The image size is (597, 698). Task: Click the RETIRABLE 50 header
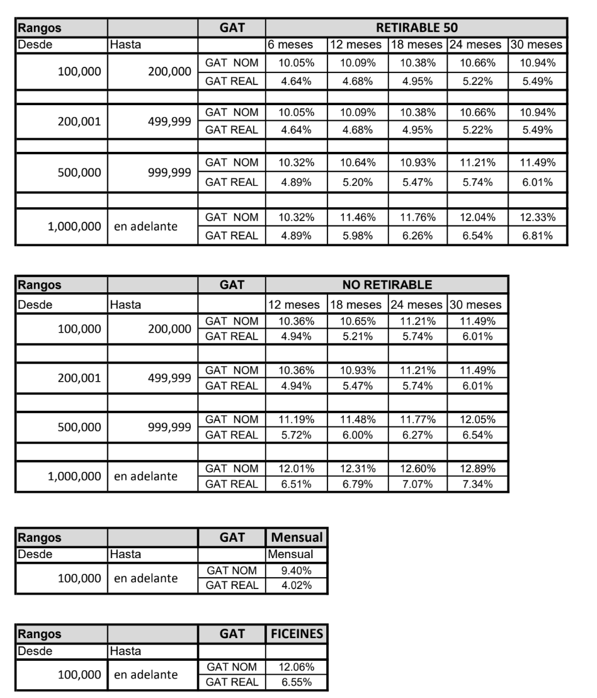pos(416,28)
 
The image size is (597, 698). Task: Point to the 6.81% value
pos(537,236)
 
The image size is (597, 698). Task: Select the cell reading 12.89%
pos(477,468)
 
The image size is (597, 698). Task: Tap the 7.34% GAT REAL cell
pos(477,483)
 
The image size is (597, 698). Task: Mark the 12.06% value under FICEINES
pos(295,666)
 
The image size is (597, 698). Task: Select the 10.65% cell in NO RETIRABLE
pos(356,321)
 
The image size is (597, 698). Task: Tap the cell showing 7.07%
pos(417,483)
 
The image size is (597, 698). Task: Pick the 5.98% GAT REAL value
pos(356,236)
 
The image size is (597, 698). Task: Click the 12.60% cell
pos(417,468)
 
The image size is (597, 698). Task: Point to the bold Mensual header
pos(295,537)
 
